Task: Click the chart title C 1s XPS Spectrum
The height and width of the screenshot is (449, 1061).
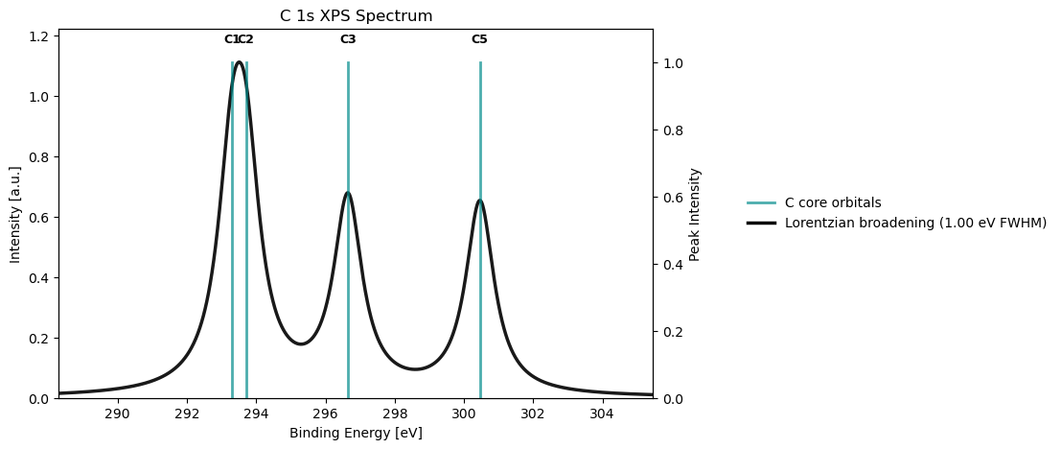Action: click(356, 15)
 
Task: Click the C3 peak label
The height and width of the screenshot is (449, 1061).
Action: click(348, 39)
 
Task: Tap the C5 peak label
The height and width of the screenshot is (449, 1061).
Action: click(479, 39)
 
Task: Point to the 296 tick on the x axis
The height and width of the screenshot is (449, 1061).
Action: click(326, 414)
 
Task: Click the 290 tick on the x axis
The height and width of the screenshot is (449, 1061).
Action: click(117, 414)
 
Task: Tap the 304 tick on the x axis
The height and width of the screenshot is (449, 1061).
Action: click(602, 414)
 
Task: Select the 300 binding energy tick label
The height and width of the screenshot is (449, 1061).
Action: click(464, 414)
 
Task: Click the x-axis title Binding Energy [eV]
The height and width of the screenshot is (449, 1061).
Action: click(356, 433)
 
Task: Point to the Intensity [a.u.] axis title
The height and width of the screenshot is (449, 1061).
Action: click(15, 214)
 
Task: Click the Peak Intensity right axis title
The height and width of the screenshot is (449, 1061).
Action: click(696, 214)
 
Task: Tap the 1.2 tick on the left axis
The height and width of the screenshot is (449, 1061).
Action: click(43, 36)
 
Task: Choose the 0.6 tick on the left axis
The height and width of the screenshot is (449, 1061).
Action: click(43, 218)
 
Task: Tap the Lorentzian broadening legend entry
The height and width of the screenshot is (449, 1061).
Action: click(914, 223)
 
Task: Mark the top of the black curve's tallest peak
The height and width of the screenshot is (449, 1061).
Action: click(239, 62)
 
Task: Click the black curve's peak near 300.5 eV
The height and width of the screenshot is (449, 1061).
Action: click(479, 201)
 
